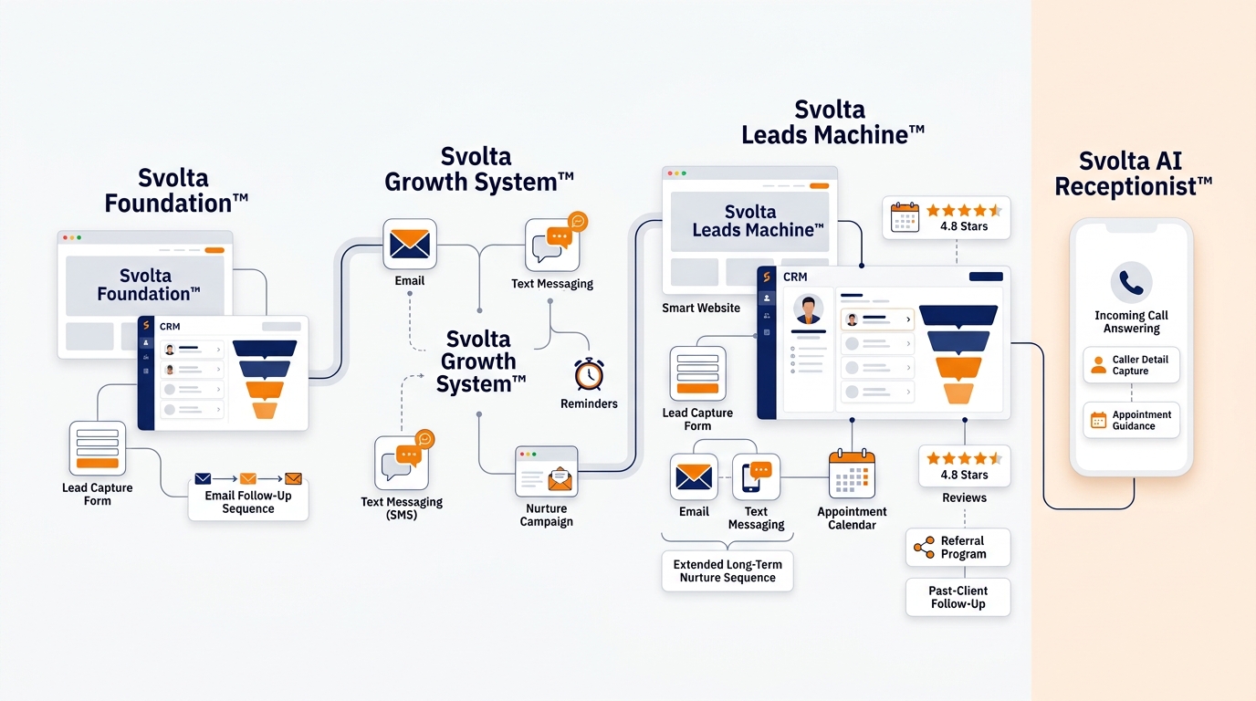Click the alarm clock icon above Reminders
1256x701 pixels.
coord(589,374)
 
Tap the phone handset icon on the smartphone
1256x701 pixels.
coord(1131,282)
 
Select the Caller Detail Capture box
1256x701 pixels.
coord(1131,365)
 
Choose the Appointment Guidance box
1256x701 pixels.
coord(1131,420)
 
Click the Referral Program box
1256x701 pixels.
coord(958,548)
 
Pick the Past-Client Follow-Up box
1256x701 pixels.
coord(958,597)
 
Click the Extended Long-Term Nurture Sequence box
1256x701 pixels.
coord(727,570)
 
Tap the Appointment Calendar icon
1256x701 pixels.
coord(852,474)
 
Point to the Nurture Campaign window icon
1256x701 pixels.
coord(546,472)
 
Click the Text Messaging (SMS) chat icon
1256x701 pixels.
coord(403,462)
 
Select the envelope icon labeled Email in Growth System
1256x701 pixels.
coord(410,245)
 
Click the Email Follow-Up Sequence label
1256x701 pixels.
coord(248,502)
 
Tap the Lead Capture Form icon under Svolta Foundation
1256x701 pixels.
coord(98,449)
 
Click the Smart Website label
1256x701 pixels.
coord(701,308)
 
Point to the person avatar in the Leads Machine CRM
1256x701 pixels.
coord(808,310)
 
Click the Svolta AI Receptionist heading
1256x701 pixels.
coord(1133,173)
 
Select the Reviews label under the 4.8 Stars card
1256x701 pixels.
coord(964,497)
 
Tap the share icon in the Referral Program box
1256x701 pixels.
coord(924,548)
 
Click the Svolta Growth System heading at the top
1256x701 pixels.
coord(478,170)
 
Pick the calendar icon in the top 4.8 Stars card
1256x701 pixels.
coord(905,217)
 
